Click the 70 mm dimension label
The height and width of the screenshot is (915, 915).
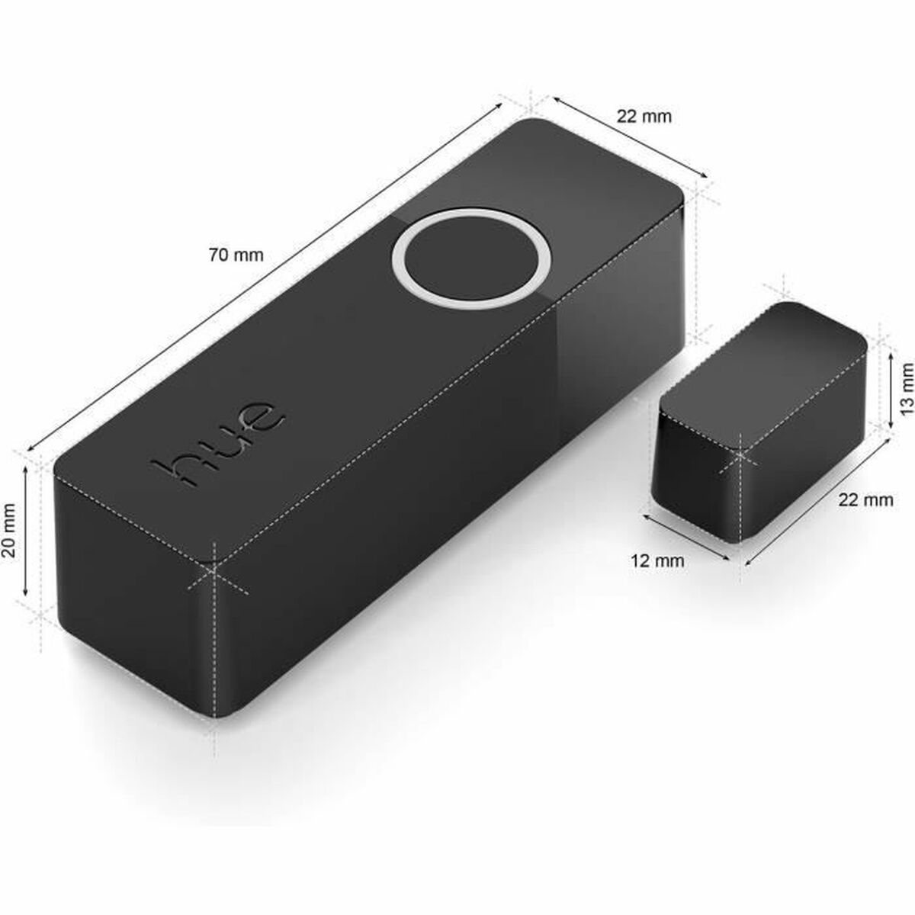tap(236, 255)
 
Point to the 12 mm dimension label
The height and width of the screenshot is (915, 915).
tap(657, 561)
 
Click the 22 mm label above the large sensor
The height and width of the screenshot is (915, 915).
tap(644, 117)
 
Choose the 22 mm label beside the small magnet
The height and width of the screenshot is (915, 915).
tap(865, 500)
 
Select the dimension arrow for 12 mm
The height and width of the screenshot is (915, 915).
tap(686, 538)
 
